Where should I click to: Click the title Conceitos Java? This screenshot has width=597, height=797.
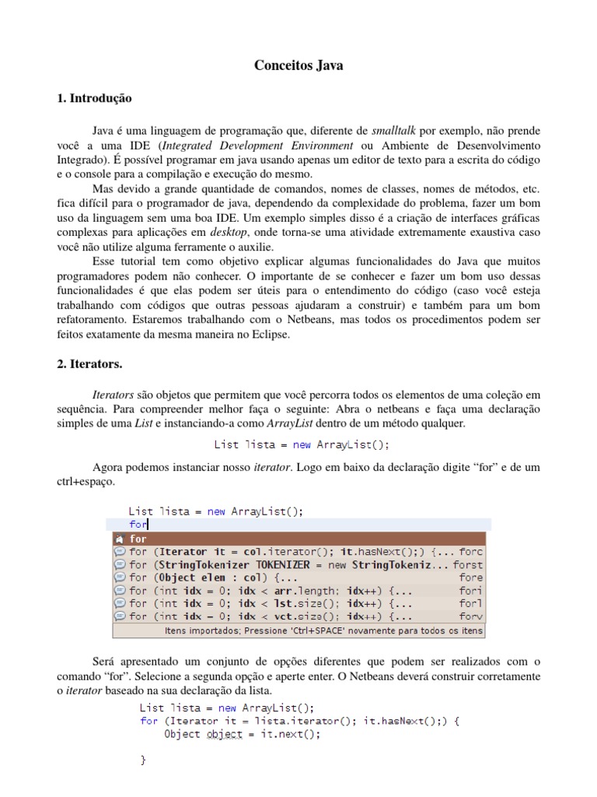(x=298, y=66)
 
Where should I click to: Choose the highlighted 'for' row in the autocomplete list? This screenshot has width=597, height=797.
(x=299, y=539)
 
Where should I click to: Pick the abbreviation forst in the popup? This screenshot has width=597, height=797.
(x=468, y=564)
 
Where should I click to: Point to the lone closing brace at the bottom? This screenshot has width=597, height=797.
(x=143, y=760)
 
